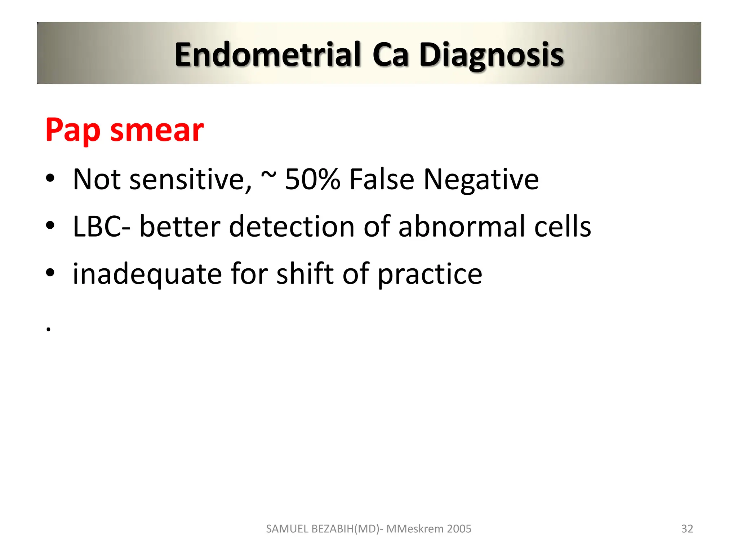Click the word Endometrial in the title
[x=267, y=55]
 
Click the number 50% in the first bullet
[x=312, y=179]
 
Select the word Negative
[x=481, y=179]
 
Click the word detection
[x=292, y=227]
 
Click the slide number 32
[x=687, y=529]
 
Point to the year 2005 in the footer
[x=459, y=529]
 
